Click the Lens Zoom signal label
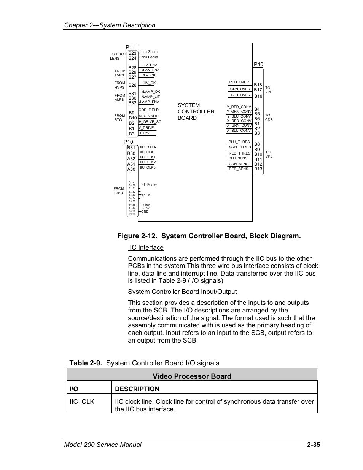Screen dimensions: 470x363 148,52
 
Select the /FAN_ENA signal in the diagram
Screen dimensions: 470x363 151,70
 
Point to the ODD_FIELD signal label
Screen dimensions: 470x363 148,110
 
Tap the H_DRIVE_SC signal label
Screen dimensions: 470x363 150,122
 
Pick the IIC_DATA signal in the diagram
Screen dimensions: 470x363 148,147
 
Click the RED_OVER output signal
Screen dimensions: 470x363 239,82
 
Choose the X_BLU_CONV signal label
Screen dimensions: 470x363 239,131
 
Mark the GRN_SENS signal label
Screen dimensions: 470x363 239,164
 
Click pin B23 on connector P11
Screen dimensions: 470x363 132,54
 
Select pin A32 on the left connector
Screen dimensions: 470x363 131,159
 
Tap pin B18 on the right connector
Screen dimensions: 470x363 258,85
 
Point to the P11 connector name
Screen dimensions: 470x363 130,48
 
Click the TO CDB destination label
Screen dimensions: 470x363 269,117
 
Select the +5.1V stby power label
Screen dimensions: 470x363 149,185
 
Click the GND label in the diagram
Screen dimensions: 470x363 145,212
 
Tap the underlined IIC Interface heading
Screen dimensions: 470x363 146,248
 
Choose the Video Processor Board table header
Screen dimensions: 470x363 192,376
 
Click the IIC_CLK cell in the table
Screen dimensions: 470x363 82,401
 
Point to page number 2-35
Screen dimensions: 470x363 314,445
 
